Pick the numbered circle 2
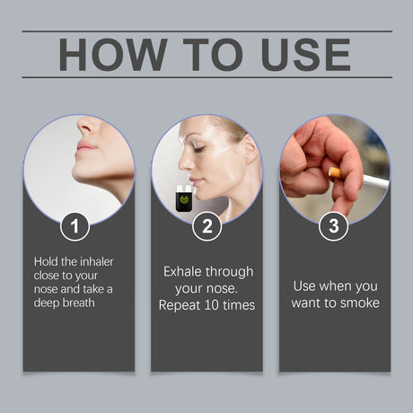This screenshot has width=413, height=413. click(206, 225)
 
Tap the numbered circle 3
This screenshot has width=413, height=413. click(335, 225)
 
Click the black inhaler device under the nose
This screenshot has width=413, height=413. click(186, 198)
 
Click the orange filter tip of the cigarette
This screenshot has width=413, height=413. click(335, 171)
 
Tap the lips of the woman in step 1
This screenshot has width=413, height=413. click(86, 145)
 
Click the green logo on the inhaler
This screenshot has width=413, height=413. click(186, 201)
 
